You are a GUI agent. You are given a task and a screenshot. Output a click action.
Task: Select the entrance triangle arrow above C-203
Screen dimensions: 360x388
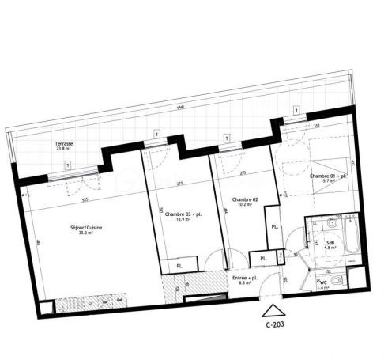(x=273, y=311)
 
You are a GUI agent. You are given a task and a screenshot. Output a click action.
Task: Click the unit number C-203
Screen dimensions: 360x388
(x=273, y=324)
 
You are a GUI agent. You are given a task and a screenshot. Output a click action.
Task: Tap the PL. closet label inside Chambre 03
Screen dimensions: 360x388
(x=181, y=266)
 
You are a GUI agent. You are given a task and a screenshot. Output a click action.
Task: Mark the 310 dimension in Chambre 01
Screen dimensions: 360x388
(x=315, y=126)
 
